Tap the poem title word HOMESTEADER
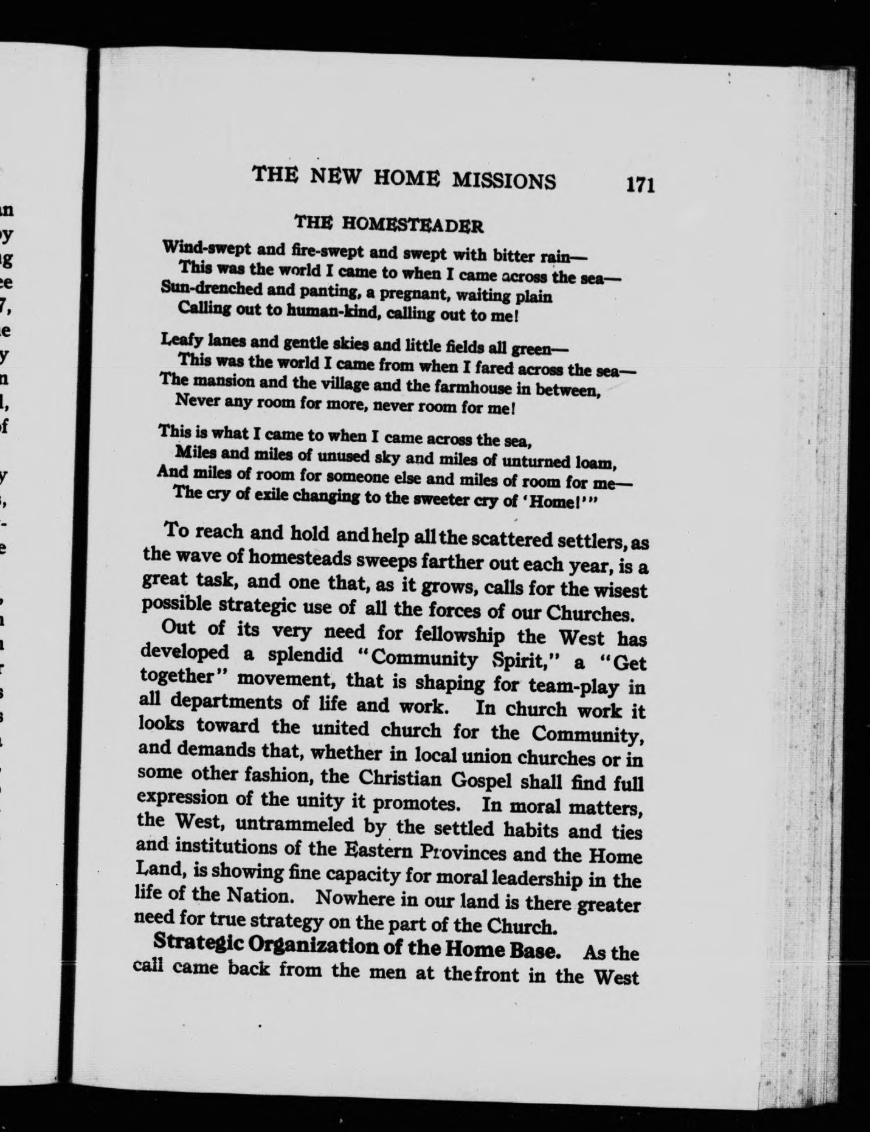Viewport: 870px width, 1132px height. [x=413, y=224]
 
